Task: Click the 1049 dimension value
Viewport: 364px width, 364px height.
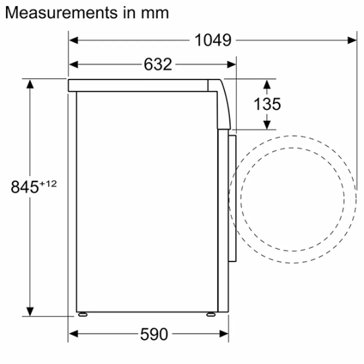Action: click(213, 40)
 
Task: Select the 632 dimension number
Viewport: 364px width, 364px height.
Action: click(158, 64)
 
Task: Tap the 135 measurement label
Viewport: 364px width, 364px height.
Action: click(267, 104)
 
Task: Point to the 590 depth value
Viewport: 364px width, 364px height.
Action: click(154, 334)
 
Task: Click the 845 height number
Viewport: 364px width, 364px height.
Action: click(25, 187)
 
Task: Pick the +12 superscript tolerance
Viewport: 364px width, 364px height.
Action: click(48, 184)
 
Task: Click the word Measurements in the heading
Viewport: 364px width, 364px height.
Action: click(61, 13)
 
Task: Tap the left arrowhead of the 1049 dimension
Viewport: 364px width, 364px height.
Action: click(73, 40)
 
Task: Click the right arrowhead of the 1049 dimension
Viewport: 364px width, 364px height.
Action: click(352, 40)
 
